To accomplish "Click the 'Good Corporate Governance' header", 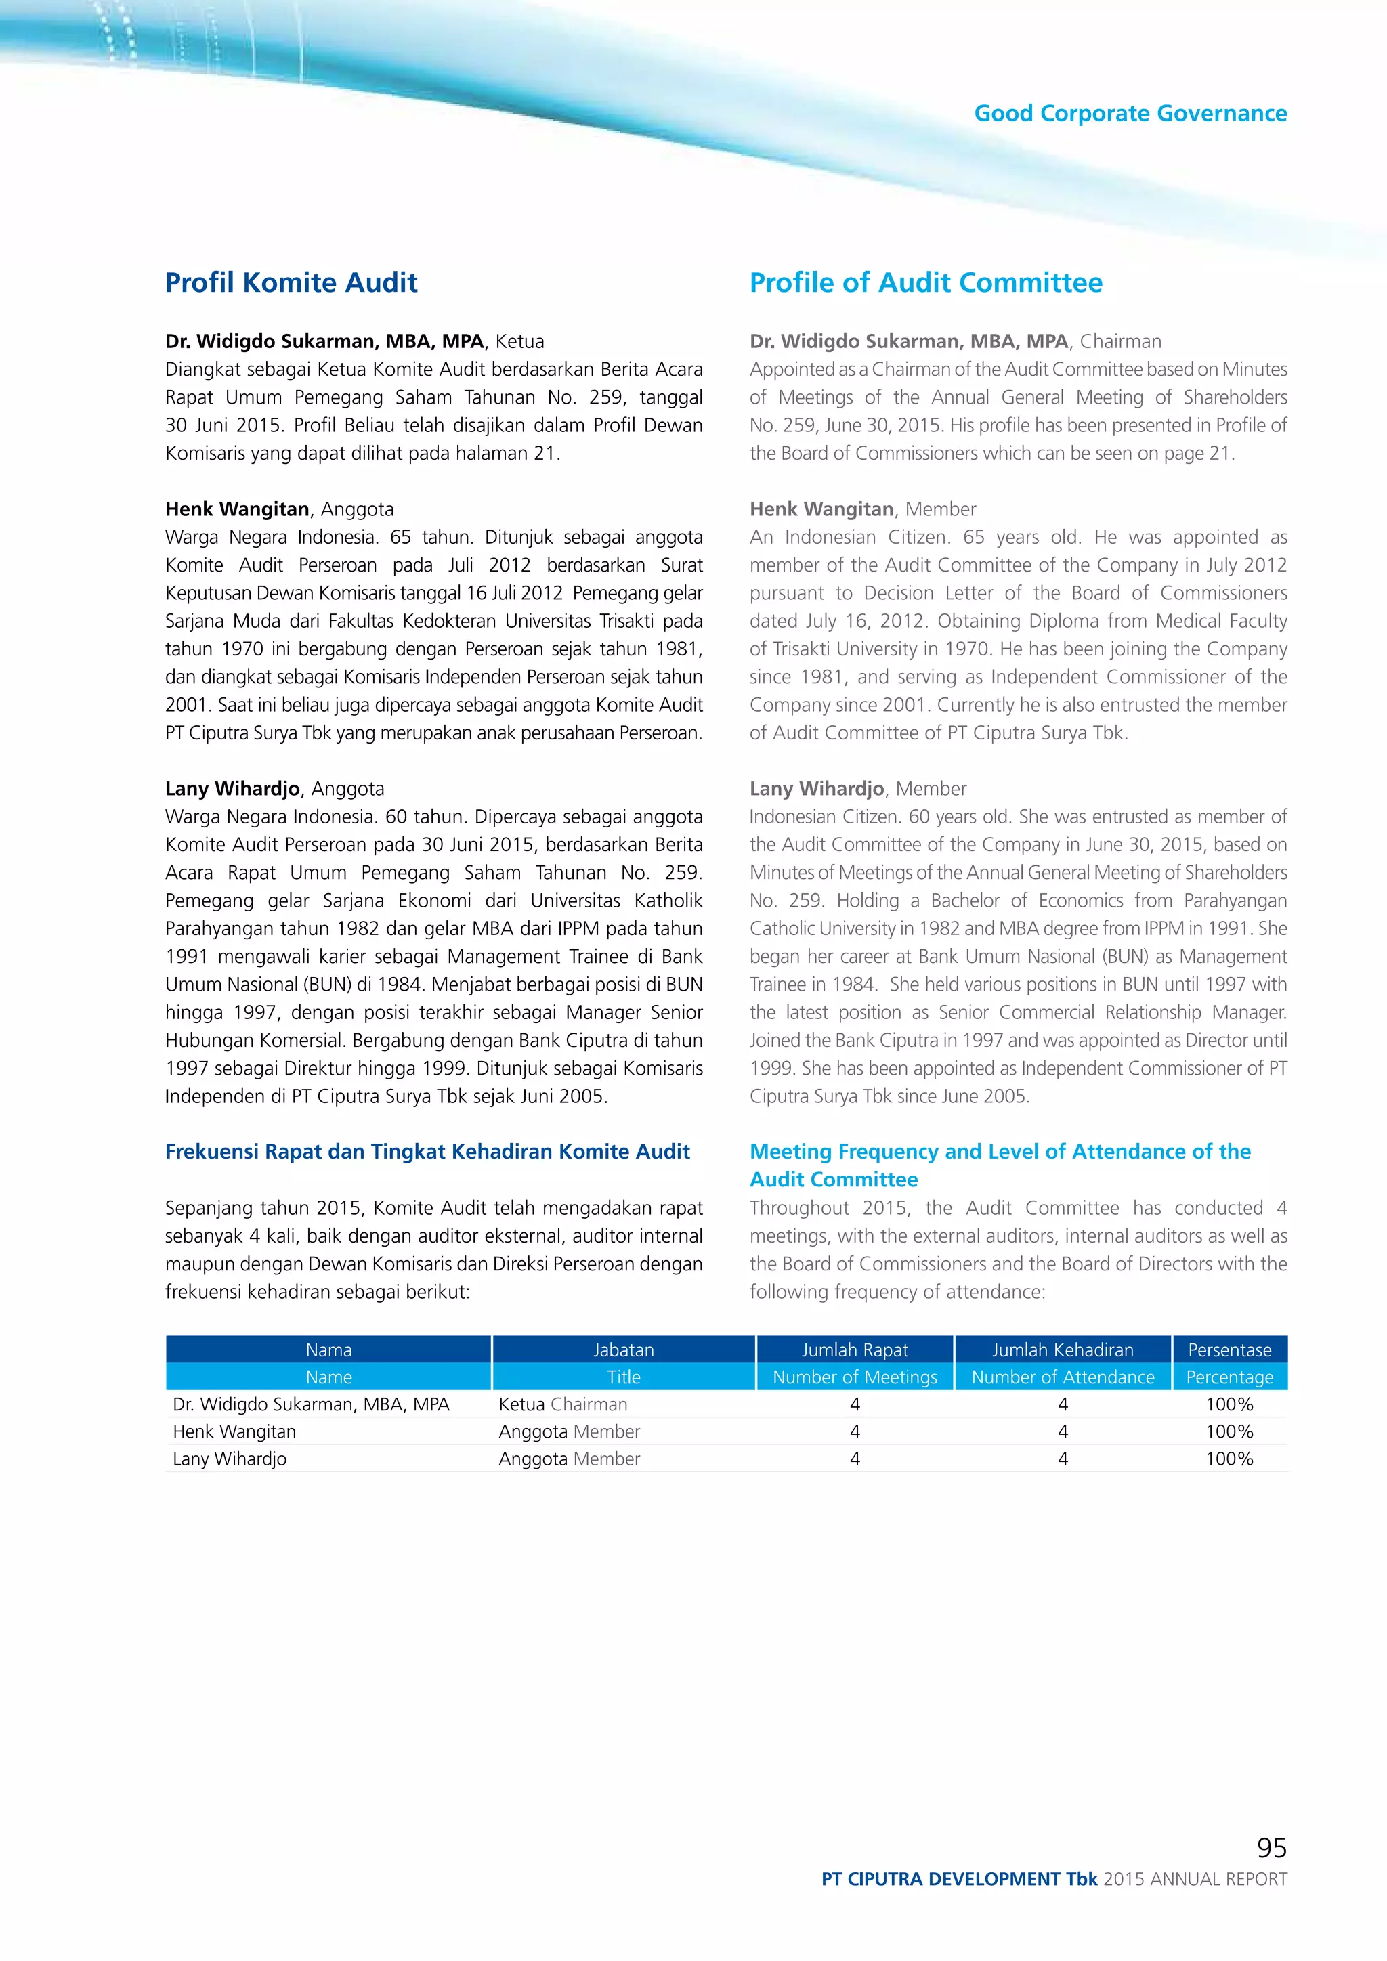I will click(1130, 114).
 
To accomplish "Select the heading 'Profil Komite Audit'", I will click(291, 282).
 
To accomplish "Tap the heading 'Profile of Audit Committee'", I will click(926, 282).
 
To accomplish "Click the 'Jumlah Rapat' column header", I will click(854, 1350).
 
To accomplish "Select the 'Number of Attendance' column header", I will click(1063, 1377).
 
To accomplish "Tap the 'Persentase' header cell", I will click(1229, 1350).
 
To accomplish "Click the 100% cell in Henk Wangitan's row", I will click(1229, 1431).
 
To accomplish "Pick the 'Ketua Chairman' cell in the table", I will click(563, 1404).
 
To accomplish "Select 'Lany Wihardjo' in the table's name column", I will click(230, 1459).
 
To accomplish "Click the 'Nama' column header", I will click(329, 1350).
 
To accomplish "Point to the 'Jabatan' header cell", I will click(624, 1350).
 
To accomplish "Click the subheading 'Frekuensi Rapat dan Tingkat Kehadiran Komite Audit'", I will click(427, 1151).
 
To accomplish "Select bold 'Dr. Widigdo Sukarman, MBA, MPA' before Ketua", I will click(324, 342).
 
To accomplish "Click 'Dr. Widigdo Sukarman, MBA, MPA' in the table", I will click(311, 1404).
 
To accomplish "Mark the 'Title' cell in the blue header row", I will click(624, 1377).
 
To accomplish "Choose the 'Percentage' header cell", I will click(1229, 1377).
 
